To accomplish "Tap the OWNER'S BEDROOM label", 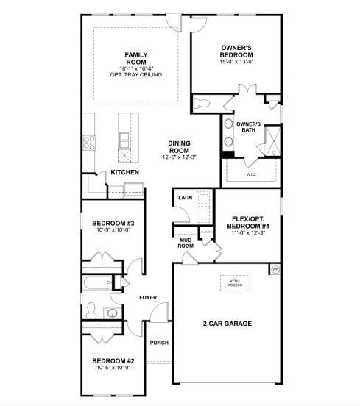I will click(x=236, y=51).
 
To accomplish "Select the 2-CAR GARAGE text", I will click(x=227, y=324).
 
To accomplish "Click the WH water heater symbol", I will click(x=276, y=270).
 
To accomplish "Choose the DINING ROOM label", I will click(x=179, y=147).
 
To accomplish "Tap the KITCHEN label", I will click(x=125, y=172).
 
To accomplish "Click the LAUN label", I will click(x=185, y=198).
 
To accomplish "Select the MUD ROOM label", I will click(x=186, y=243).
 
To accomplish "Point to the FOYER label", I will click(x=149, y=297).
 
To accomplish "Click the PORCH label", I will click(x=159, y=343).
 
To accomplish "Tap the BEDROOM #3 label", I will click(x=112, y=223).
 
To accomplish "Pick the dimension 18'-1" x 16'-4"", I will click(x=135, y=68).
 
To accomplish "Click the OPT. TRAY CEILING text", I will click(x=135, y=74).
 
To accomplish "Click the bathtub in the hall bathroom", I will click(x=96, y=282).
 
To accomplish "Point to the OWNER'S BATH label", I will click(x=248, y=127).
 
